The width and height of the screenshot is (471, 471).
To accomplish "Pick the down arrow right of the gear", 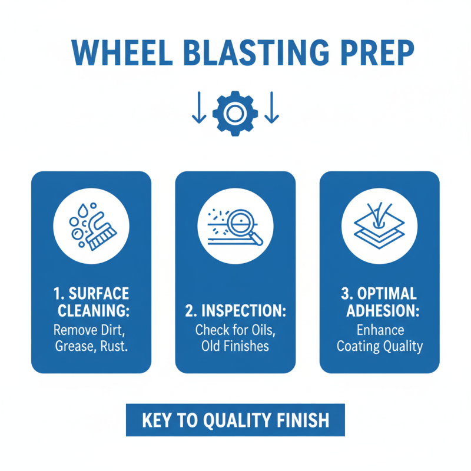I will [x=271, y=110].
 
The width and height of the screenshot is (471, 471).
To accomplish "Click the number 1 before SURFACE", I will [x=57, y=293].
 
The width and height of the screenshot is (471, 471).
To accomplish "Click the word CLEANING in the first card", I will [x=91, y=311].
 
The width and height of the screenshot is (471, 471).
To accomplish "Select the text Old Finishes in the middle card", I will [x=235, y=346].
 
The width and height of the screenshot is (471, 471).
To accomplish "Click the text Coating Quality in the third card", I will [x=379, y=346].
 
